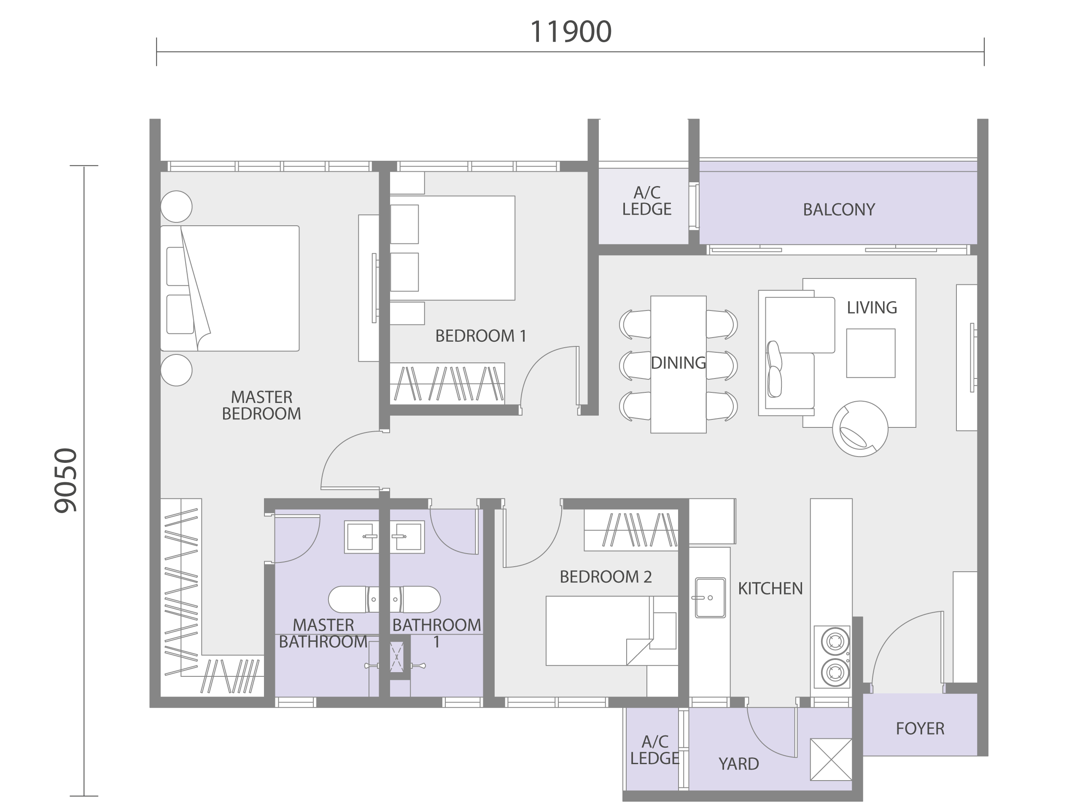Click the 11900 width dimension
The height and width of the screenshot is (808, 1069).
[571, 32]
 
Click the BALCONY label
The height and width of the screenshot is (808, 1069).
[839, 209]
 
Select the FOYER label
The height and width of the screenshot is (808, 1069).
[920, 728]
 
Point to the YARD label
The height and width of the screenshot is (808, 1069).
[738, 764]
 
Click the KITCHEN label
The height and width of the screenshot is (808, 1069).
[770, 588]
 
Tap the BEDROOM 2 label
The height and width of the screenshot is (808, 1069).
[606, 576]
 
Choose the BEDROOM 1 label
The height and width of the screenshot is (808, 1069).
[481, 335]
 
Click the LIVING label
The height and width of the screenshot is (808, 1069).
[872, 307]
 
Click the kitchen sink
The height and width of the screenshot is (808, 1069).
[710, 597]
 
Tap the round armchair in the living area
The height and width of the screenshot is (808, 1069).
[860, 429]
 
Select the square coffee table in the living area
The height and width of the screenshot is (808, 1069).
[871, 353]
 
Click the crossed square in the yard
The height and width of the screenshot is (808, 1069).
[831, 759]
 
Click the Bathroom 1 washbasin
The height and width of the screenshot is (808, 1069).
[407, 537]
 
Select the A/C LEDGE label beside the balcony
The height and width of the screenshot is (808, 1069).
[646, 201]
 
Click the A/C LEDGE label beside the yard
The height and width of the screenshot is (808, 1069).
[655, 750]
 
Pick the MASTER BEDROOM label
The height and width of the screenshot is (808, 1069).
[261, 405]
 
